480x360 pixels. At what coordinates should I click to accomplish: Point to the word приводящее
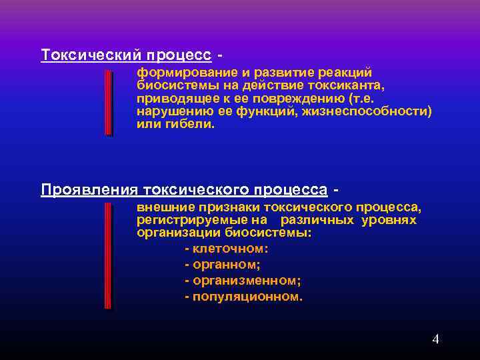pos(171,98)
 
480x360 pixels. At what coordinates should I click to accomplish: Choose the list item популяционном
pos(247,297)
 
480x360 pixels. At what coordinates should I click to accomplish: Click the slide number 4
pos(435,339)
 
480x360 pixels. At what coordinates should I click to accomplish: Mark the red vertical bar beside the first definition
pos(108,103)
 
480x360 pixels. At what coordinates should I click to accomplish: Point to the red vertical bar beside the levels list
pos(108,256)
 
